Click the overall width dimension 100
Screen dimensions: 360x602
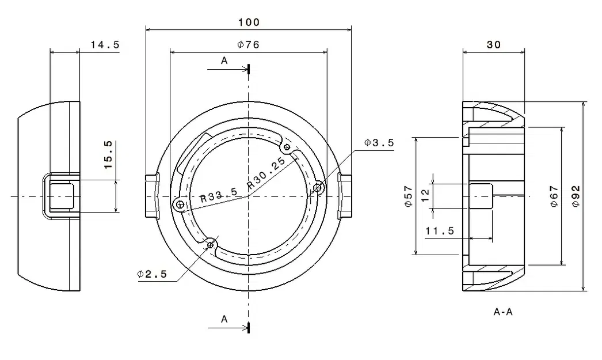click(249, 22)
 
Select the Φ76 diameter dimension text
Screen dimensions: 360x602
click(248, 45)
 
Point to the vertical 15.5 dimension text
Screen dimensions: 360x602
click(108, 155)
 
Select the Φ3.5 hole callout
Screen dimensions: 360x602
click(379, 143)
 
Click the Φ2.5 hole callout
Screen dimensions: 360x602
click(152, 274)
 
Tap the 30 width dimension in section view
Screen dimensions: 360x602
click(493, 44)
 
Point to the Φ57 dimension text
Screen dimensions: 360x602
click(407, 196)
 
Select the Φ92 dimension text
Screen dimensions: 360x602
click(575, 196)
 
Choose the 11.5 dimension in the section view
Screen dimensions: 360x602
click(440, 231)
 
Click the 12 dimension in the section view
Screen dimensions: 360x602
click(425, 196)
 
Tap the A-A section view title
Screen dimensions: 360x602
click(502, 312)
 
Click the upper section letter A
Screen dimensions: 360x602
click(224, 60)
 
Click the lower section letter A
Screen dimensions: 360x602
click(224, 319)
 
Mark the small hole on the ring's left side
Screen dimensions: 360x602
click(180, 204)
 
